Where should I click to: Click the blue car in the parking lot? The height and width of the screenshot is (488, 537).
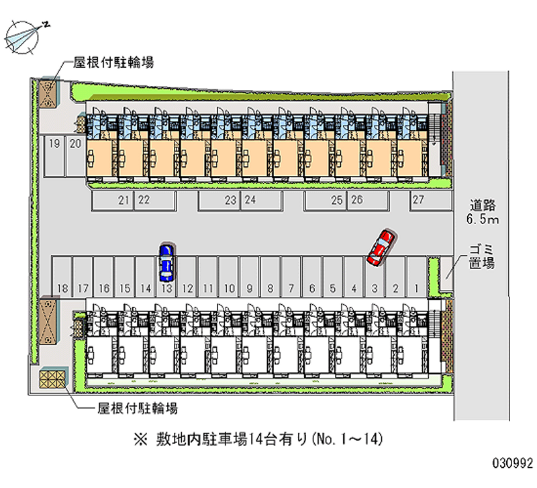[166, 262]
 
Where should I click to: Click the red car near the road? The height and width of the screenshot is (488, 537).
[381, 248]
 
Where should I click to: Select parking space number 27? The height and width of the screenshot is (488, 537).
[431, 200]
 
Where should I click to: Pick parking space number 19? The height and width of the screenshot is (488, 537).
[54, 156]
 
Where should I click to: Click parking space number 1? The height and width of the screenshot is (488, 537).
[416, 277]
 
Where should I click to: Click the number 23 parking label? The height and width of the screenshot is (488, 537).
[230, 200]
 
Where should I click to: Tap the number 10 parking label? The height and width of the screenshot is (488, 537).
[229, 289]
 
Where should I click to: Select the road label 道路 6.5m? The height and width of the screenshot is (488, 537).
[483, 212]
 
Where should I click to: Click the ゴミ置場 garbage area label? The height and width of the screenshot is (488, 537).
[481, 256]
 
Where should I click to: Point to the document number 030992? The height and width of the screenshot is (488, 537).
[513, 463]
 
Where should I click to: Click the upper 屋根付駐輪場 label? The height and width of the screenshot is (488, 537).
[113, 62]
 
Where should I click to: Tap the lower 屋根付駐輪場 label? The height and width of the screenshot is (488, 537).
[138, 408]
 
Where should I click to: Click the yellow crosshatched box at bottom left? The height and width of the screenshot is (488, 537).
[52, 379]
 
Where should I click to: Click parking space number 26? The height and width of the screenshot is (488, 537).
[369, 200]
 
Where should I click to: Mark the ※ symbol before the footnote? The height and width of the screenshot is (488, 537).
[140, 440]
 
